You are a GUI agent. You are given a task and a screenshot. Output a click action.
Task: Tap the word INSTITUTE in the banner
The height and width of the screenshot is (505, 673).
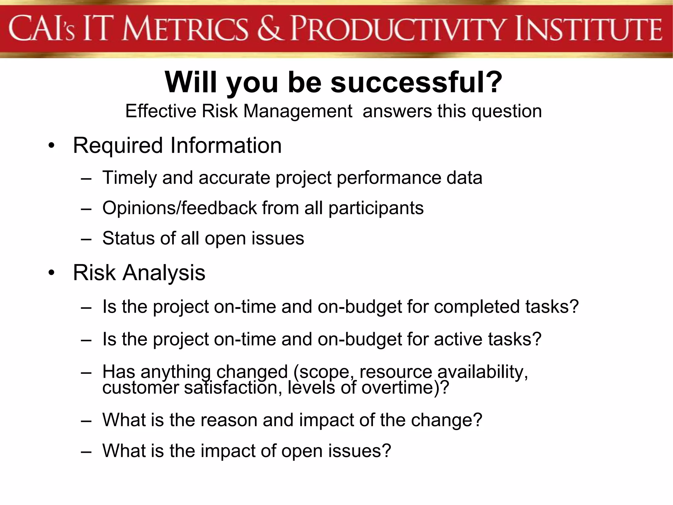coord(588,29)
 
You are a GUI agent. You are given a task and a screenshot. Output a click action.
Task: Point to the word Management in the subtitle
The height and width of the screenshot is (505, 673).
coord(297,111)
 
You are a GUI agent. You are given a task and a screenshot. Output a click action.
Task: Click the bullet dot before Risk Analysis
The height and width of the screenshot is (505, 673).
coord(51,273)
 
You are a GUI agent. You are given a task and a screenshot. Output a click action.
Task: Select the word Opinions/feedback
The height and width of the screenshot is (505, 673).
coord(179,208)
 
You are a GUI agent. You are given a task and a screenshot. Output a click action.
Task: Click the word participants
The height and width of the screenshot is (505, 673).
coord(376,208)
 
